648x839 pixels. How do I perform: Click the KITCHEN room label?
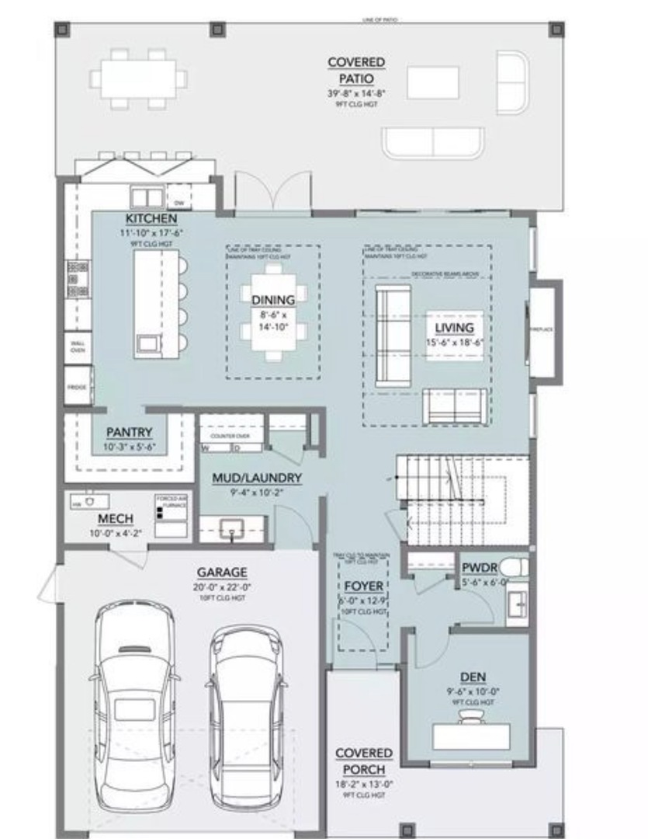pos(151,219)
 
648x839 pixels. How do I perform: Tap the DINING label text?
pos(273,300)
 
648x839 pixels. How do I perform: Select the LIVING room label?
pos(454,327)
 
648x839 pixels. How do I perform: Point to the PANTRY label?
pos(129,433)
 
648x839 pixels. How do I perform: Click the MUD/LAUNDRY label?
pos(257,479)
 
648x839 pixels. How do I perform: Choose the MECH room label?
pos(115,518)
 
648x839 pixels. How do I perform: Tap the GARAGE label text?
pos(222,572)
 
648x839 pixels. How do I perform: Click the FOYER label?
pos(364,587)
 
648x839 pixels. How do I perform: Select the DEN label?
pos(473,677)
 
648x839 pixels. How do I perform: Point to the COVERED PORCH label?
pos(364,761)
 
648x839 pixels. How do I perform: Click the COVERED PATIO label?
pos(356,70)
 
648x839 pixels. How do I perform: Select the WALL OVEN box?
pos(78,346)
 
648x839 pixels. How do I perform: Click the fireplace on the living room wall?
pos(542,329)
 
